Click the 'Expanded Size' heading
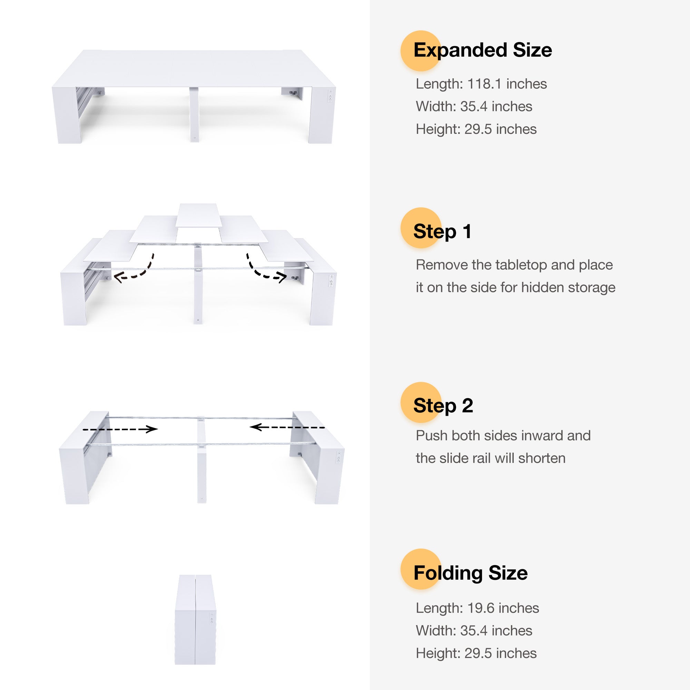[x=483, y=50]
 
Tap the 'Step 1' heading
[x=442, y=231]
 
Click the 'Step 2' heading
[x=443, y=406]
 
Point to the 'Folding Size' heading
[x=470, y=573]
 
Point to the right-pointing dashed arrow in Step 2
[x=120, y=429]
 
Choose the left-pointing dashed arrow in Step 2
[x=287, y=427]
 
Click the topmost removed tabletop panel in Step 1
[x=198, y=215]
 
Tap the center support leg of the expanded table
[x=194, y=114]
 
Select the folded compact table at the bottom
[x=195, y=619]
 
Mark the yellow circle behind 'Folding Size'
[x=421, y=569]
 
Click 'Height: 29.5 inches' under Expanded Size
[x=476, y=129]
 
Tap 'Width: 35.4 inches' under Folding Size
[x=474, y=631]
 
